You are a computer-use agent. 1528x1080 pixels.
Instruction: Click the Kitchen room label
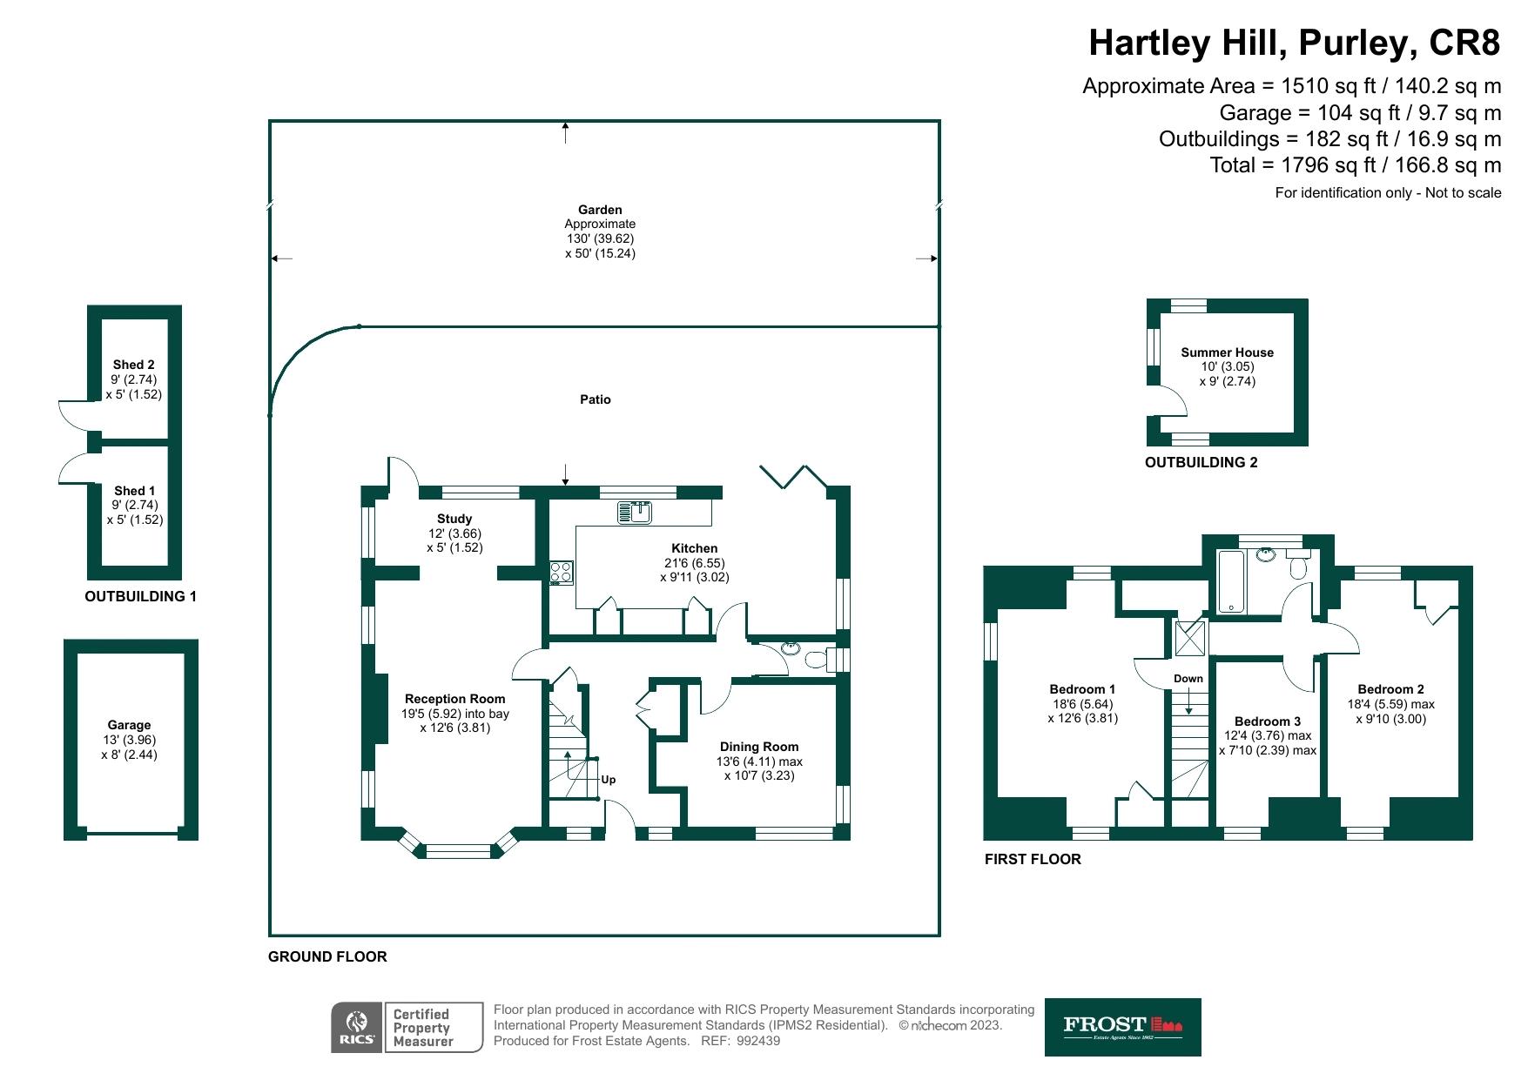pos(694,548)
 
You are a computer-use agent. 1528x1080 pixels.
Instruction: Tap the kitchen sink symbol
pos(635,513)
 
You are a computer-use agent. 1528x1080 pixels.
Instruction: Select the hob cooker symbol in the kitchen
pos(562,573)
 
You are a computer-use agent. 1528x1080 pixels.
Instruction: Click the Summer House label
pos(1227,352)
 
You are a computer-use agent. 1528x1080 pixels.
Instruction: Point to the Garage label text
pos(129,725)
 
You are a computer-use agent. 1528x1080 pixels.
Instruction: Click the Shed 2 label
pos(133,365)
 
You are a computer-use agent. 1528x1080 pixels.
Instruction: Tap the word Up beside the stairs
pos(608,780)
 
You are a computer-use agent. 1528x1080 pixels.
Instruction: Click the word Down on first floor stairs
pos(1188,679)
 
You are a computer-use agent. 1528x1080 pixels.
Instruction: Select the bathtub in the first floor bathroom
pos(1231,581)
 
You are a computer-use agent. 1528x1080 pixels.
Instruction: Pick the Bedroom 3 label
pos(1267,721)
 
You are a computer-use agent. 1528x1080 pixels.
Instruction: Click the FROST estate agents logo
pos(1122,1027)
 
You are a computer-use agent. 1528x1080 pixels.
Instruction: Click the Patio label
pos(596,399)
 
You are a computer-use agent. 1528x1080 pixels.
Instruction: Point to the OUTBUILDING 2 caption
pos(1201,463)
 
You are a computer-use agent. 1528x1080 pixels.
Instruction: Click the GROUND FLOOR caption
pos(327,956)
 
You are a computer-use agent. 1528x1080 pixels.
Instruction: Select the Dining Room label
pos(758,747)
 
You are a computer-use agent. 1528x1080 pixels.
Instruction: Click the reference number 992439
pos(758,1041)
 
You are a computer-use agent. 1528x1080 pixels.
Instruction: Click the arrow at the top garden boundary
pos(566,132)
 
